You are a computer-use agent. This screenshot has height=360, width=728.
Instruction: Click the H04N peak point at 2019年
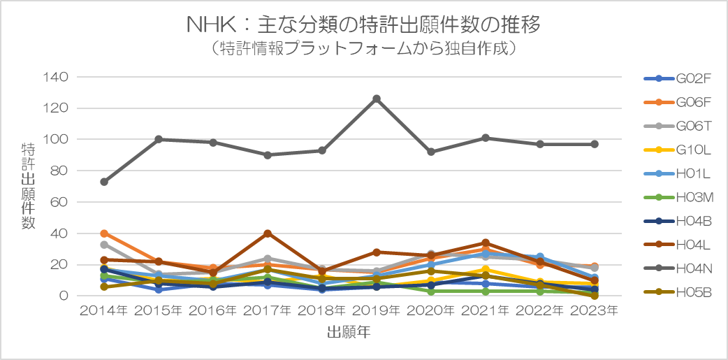coord(377,99)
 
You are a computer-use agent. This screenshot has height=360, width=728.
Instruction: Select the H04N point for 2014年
coord(104,182)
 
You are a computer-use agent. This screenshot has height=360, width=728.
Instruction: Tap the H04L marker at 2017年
coord(268,233)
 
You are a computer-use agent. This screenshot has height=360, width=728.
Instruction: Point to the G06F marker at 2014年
coord(104,233)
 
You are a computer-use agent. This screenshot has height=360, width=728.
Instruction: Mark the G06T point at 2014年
coord(104,245)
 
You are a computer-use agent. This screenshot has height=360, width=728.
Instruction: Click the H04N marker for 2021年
coord(486,138)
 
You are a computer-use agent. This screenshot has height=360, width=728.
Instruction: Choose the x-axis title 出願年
coord(349,333)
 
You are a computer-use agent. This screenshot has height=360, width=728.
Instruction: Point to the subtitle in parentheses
coord(363,49)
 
